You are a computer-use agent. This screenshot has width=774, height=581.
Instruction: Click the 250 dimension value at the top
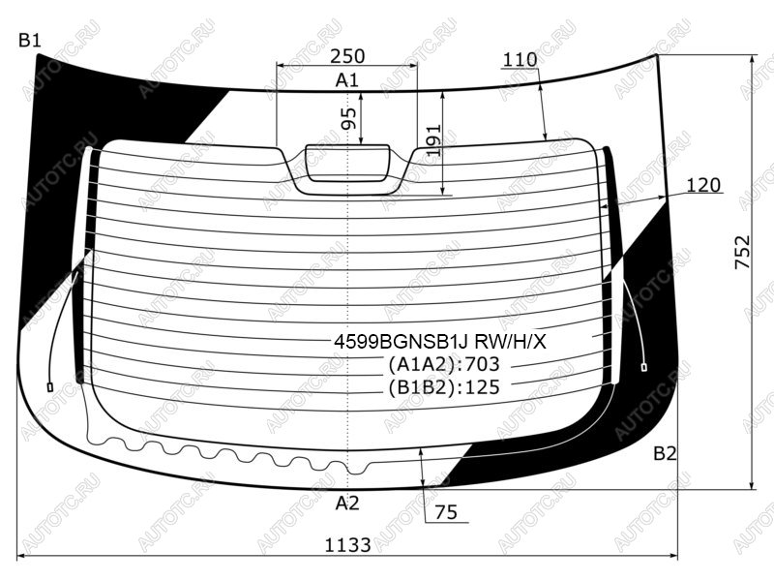coord(347,56)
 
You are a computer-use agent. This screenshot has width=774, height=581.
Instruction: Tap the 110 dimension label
coord(520,60)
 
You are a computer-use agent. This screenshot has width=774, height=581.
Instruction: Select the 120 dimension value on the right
coord(703,185)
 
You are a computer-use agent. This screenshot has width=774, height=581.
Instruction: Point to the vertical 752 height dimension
coord(742,252)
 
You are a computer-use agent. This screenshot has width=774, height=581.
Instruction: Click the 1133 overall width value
coord(347,545)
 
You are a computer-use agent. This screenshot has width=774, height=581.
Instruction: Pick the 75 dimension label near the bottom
coord(446,512)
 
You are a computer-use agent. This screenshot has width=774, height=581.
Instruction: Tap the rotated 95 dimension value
coord(348,118)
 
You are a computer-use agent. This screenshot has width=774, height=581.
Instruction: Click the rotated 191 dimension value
coord(432,140)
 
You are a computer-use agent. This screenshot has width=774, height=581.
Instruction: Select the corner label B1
coord(30,40)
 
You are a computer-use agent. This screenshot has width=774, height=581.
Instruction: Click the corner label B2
coord(665,453)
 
